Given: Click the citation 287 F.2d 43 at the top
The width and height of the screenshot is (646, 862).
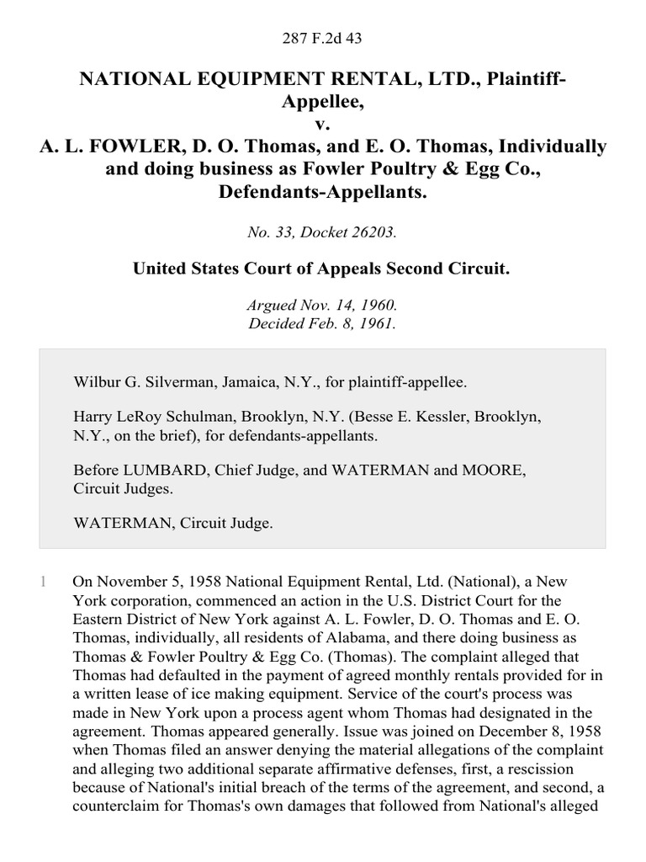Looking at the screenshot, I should [x=322, y=38].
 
